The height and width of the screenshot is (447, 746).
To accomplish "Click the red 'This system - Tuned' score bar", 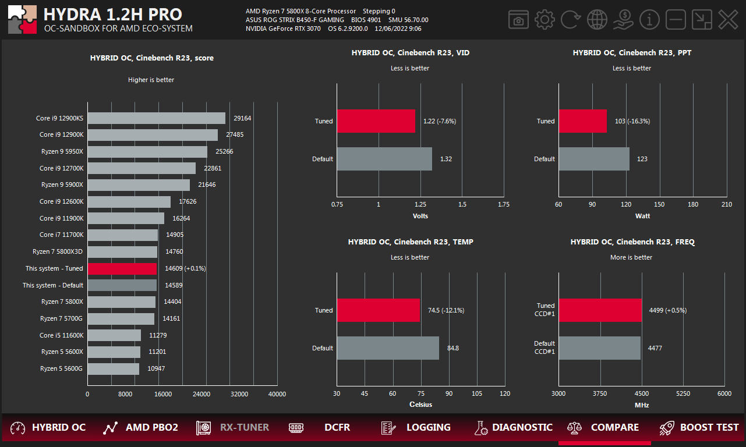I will (x=122, y=268).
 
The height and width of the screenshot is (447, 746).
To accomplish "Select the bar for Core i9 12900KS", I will (x=157, y=118).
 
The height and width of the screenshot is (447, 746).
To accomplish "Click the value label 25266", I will (x=224, y=151).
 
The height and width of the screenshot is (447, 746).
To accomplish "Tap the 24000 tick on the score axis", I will (x=201, y=394).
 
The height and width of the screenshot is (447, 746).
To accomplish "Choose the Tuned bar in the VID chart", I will (x=376, y=121).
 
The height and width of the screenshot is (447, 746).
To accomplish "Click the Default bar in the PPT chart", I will (x=593, y=159).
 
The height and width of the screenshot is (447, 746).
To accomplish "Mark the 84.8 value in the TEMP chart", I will (x=452, y=348).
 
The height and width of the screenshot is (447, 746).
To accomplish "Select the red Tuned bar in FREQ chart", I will (x=600, y=310).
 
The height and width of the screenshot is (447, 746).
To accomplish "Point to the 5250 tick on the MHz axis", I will (x=683, y=393).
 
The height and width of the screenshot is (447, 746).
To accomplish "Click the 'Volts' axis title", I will (x=420, y=216).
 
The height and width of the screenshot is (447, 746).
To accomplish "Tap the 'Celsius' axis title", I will (x=420, y=405).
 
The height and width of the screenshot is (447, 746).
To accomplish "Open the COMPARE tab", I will (x=604, y=428).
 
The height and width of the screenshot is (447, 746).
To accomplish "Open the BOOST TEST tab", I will (x=699, y=428).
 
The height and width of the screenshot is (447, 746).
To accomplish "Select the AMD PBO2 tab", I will (x=140, y=428).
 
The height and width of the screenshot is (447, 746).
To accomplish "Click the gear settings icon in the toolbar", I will (x=545, y=20).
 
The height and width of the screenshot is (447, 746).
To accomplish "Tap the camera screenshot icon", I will (x=518, y=20).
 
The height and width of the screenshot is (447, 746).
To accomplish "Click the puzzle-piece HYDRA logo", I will (x=23, y=20).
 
